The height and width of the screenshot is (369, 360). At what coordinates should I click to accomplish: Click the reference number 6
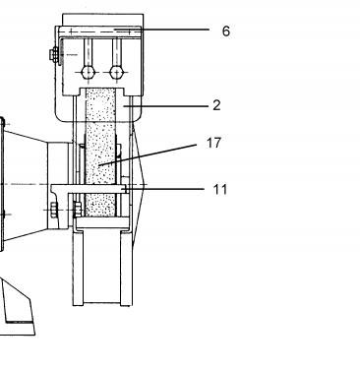(x=226, y=31)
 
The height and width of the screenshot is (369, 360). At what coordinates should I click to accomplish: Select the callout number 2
(x=216, y=105)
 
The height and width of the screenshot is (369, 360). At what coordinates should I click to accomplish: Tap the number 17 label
(x=214, y=143)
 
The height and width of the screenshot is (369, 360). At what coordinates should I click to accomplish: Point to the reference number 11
(x=220, y=190)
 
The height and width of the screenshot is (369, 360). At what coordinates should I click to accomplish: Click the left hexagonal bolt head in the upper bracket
(x=88, y=73)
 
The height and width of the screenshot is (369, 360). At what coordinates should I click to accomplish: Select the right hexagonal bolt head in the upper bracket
(x=116, y=73)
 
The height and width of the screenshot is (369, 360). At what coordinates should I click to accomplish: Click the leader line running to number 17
(x=148, y=154)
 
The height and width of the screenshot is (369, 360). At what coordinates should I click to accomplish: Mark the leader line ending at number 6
(x=162, y=30)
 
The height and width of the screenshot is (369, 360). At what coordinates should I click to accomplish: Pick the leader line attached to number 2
(x=166, y=106)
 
